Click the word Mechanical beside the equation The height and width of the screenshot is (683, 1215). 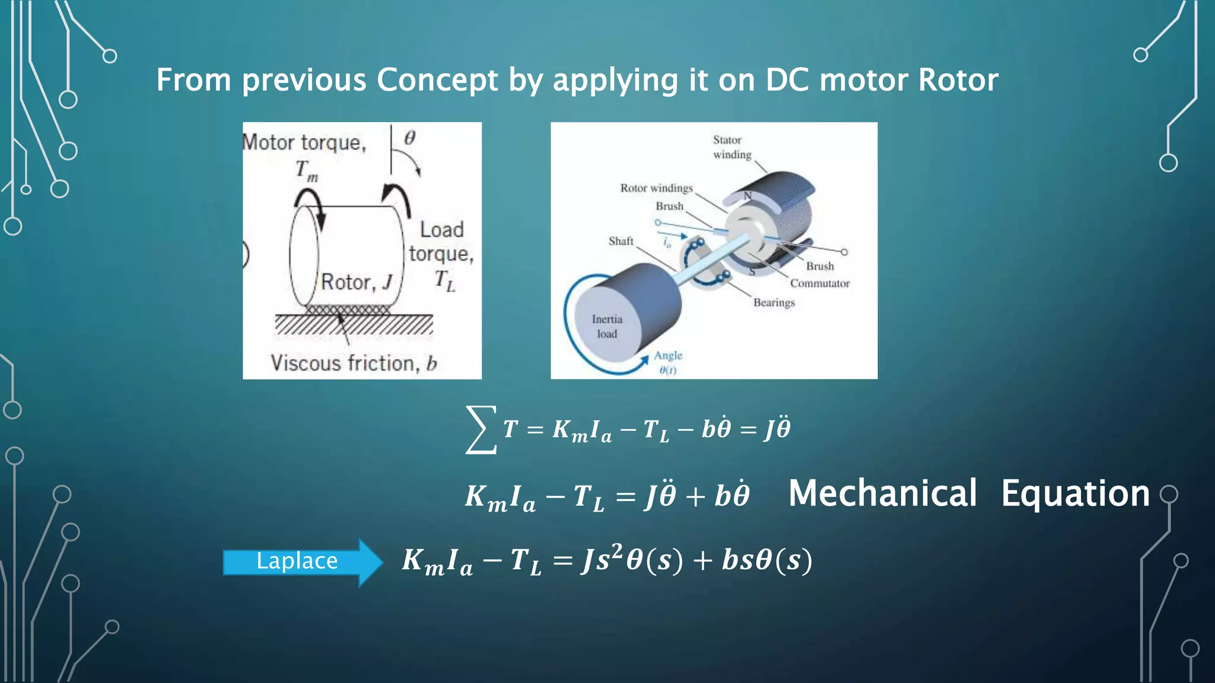(882, 493)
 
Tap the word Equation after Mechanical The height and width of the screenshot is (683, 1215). (1075, 493)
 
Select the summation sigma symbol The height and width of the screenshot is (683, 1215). (481, 429)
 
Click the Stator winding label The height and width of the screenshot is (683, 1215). (731, 147)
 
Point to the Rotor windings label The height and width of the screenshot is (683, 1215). (656, 188)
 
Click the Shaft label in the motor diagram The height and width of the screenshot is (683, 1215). (621, 241)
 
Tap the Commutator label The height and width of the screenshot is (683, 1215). (819, 283)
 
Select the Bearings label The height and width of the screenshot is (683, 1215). (774, 302)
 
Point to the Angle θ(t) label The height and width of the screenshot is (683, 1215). (668, 362)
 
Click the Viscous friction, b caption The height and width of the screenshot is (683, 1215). (354, 363)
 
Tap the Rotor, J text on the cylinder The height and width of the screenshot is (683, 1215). (357, 282)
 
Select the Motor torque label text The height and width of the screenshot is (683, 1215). (304, 142)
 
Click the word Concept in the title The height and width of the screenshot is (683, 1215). (437, 80)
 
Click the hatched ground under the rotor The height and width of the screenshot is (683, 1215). (354, 325)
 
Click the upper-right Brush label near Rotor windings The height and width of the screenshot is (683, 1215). (669, 206)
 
